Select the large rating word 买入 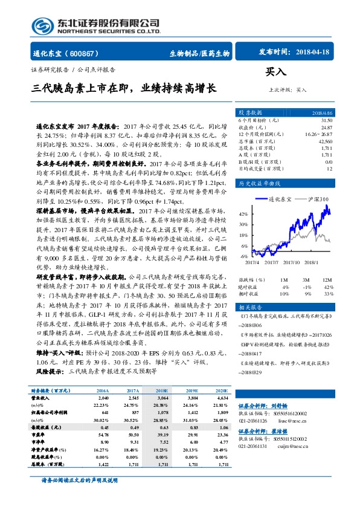pos(275,71)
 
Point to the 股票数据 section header pos(251,113)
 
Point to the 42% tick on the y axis pos(243,214)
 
